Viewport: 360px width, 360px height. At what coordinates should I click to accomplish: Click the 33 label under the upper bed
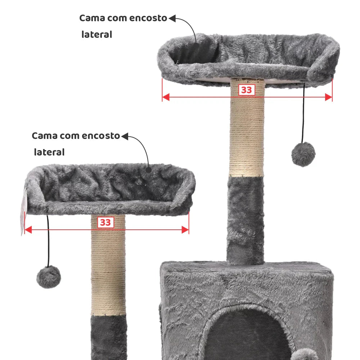[x=246, y=90]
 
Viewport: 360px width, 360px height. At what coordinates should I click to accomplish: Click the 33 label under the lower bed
[x=105, y=222]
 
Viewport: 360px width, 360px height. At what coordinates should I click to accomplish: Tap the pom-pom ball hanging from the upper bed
[x=303, y=154]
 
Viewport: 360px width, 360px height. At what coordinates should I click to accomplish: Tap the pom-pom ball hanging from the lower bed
[x=49, y=276]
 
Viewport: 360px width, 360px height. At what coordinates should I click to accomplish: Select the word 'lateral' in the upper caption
[x=96, y=35]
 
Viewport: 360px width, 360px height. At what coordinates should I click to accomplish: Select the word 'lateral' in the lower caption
[x=49, y=152]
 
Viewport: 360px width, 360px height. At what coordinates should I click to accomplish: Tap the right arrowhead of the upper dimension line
[x=328, y=96]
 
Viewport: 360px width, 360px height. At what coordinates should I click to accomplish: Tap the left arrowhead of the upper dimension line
[x=166, y=96]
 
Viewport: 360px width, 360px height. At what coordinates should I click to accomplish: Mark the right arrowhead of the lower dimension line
[x=185, y=230]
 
